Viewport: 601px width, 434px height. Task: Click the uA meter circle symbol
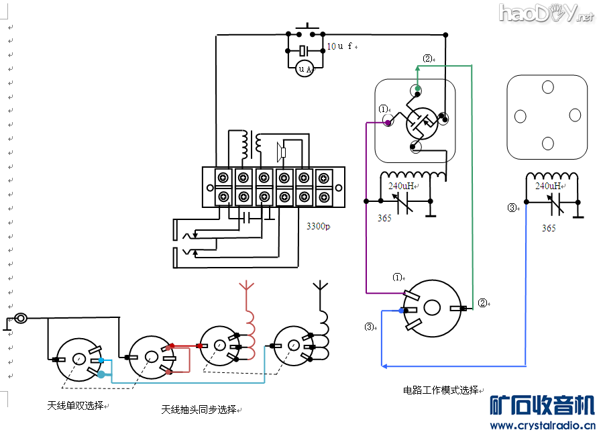305,68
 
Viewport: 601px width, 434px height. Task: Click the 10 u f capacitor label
340,46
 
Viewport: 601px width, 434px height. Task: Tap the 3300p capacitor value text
318,227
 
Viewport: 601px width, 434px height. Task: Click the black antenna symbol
320,288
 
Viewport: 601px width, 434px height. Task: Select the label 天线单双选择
75,405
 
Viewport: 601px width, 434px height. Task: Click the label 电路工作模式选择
441,390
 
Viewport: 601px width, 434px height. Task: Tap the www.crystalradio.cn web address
543,425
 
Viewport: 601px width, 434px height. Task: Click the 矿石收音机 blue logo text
543,405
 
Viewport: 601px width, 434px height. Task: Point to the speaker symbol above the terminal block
281,152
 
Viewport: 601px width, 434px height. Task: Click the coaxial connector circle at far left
21,319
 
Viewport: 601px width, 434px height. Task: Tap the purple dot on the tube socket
388,123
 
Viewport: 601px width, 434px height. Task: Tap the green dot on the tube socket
417,89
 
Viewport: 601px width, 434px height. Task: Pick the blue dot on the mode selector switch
401,311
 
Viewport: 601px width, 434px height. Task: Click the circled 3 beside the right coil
513,208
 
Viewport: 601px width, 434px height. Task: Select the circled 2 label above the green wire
427,58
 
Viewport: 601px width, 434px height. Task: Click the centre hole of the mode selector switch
432,308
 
